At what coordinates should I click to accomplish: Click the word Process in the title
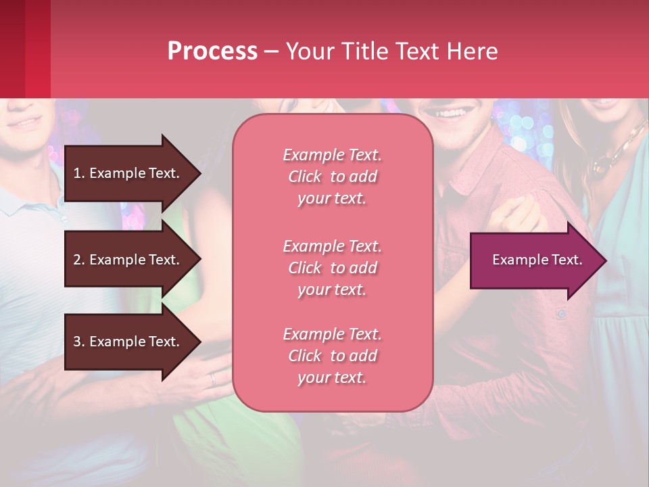(x=212, y=51)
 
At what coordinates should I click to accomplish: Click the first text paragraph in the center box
(x=332, y=177)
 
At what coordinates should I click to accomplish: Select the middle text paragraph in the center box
(x=332, y=267)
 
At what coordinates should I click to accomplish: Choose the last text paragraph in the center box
(x=332, y=356)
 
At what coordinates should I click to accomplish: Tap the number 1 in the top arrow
(x=77, y=173)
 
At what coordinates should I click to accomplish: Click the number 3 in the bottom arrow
(x=77, y=342)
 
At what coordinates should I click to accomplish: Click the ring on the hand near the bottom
(x=213, y=379)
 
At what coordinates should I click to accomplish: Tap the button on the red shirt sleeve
(x=560, y=314)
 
